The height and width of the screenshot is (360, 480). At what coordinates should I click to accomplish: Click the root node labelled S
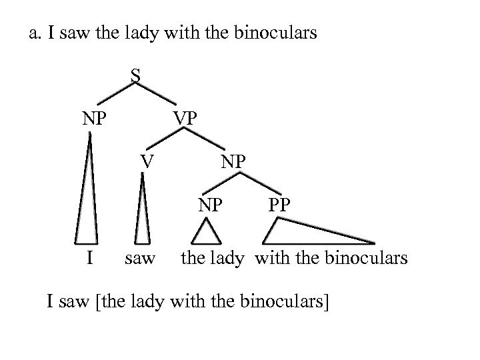click(x=135, y=77)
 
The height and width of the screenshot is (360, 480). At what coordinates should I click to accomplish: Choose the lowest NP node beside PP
click(x=210, y=204)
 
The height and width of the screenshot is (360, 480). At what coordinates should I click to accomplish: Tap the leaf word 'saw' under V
click(x=139, y=257)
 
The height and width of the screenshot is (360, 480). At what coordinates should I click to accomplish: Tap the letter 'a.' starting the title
click(x=36, y=33)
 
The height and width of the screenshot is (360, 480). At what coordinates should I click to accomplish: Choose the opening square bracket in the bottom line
click(x=98, y=301)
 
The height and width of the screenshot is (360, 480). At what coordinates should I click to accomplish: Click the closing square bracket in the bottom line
click(x=327, y=301)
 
